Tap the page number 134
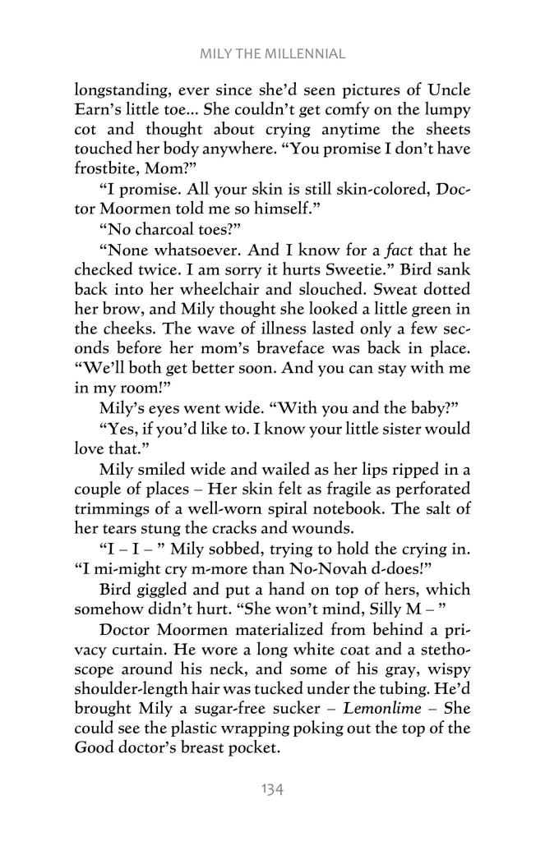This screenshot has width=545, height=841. click(x=272, y=789)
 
